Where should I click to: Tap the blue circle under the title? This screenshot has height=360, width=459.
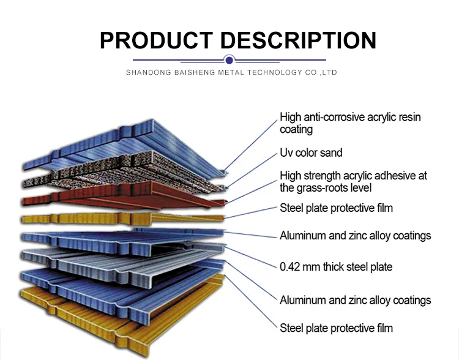click(x=229, y=60)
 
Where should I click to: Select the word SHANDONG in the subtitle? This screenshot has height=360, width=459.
click(x=147, y=72)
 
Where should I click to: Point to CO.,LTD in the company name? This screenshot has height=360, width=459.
click(x=320, y=72)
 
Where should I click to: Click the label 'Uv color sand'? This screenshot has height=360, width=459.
click(x=311, y=152)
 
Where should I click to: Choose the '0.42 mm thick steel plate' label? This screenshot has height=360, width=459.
click(x=336, y=266)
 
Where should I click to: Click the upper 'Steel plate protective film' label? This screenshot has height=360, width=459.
click(x=336, y=208)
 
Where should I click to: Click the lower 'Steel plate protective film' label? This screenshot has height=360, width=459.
click(x=336, y=328)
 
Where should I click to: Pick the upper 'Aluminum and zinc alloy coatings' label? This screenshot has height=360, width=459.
click(x=355, y=236)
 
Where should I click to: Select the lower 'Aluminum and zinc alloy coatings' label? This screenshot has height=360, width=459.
click(x=355, y=300)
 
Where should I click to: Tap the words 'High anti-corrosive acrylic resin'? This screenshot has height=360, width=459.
click(x=350, y=117)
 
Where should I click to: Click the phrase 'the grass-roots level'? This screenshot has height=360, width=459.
click(x=326, y=188)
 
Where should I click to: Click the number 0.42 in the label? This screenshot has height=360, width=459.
click(x=290, y=266)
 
